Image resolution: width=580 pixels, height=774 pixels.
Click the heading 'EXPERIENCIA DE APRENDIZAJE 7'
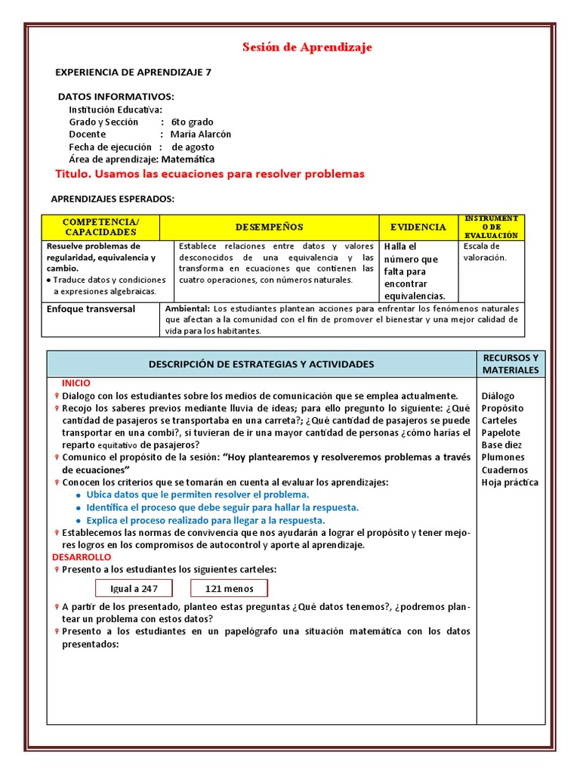tap(134, 73)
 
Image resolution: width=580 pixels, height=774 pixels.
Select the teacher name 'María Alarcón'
tap(201, 134)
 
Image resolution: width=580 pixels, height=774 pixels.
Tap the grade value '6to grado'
tap(192, 122)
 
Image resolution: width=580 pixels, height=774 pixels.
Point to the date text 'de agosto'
tap(193, 147)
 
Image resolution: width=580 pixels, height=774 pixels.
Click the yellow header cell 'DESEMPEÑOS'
tap(269, 227)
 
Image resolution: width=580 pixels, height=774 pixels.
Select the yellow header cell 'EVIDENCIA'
tap(418, 227)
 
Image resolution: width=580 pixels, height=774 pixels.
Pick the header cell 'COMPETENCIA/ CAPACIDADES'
tap(100, 227)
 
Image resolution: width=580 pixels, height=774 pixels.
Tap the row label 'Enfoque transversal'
tap(91, 309)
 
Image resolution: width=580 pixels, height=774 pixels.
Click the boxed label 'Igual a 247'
tap(134, 589)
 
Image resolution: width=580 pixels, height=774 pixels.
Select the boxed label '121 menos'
tap(230, 589)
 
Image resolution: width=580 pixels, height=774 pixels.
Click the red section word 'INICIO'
tap(76, 383)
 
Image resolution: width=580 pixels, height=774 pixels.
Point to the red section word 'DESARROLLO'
tap(82, 557)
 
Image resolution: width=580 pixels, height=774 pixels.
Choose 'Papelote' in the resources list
tap(501, 432)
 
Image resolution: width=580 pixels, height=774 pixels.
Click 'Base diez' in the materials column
tap(501, 445)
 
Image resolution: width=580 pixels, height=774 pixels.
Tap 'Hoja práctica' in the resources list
tap(510, 482)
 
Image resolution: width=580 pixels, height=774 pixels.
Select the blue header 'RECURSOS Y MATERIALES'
tap(510, 364)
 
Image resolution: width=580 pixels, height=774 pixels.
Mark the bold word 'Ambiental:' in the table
tap(187, 309)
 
